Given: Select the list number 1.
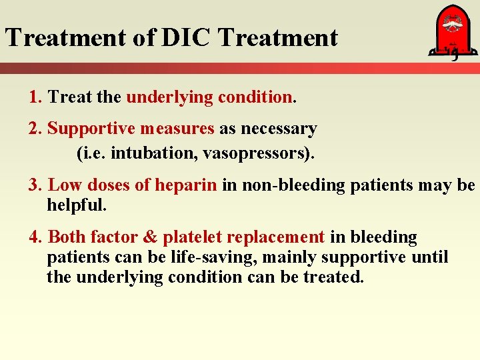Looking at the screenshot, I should (x=35, y=97).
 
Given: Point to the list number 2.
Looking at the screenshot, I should (x=35, y=128).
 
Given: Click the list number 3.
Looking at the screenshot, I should (x=35, y=185).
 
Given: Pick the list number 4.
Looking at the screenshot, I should (x=35, y=237).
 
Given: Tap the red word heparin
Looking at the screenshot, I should (x=186, y=185).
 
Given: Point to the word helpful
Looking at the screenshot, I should (x=76, y=205).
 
